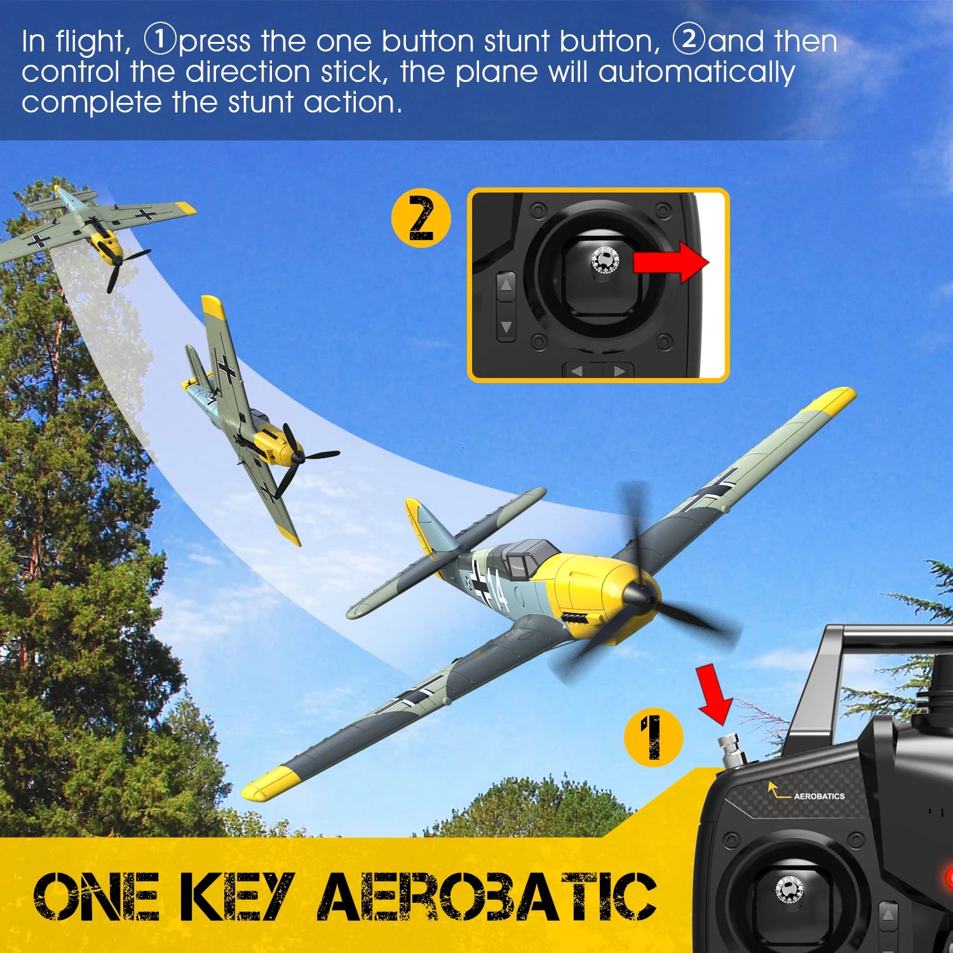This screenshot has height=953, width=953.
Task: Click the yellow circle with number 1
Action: tap(652, 737)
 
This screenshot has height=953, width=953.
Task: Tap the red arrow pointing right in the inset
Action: tap(671, 261)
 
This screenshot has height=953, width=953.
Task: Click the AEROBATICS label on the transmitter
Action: tap(818, 796)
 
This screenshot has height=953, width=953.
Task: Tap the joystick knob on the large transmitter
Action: tap(789, 889)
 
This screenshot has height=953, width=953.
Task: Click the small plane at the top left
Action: tap(95, 229)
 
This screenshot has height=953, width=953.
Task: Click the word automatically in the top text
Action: tap(696, 72)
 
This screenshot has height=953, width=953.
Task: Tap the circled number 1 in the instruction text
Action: tap(159, 39)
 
